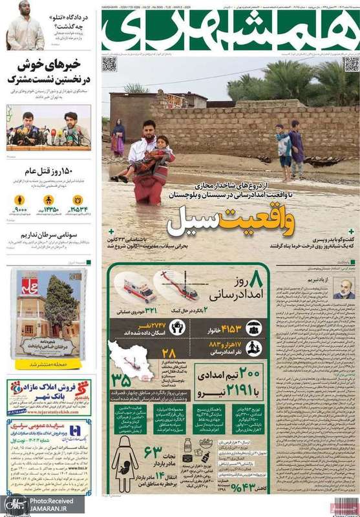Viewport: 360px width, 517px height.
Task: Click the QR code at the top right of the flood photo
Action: click(x=351, y=64)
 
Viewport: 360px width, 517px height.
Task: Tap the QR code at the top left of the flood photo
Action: click(x=109, y=64)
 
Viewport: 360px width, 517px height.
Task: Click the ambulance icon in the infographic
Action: click(x=140, y=288)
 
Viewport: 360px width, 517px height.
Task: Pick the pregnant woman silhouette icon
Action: click(x=125, y=463)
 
